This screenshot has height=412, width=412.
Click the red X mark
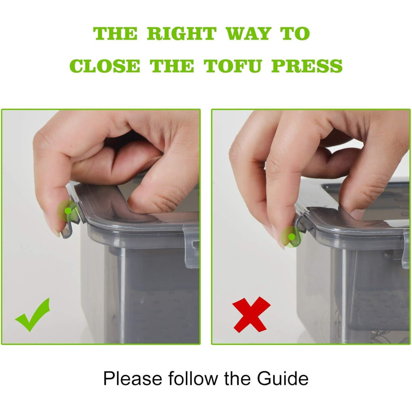pyautogui.click(x=251, y=314)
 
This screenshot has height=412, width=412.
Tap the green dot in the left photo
pyautogui.click(x=68, y=211)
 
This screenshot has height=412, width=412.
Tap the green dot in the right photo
pyautogui.click(x=291, y=237)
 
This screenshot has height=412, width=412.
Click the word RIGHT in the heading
pyautogui.click(x=181, y=34)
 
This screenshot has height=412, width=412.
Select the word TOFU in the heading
pyautogui.click(x=233, y=66)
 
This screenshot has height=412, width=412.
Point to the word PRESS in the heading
pyautogui.click(x=307, y=66)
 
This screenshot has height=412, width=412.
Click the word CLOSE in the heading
pyautogui.click(x=105, y=66)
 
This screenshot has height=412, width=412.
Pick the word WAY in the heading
pyautogui.click(x=248, y=34)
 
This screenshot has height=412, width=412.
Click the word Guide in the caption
pyautogui.click(x=283, y=379)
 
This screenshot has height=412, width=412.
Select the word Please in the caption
pyautogui.click(x=133, y=379)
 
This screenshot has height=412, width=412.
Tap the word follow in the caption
pyautogui.click(x=193, y=379)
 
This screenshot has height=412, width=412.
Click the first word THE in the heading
pyautogui.click(x=115, y=34)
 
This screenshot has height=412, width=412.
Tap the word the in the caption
pyautogui.click(x=237, y=379)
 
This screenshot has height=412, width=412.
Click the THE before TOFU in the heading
pyautogui.click(x=172, y=66)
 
